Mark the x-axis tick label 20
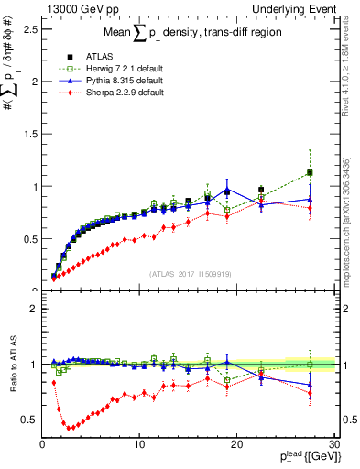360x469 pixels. [x=236, y=444]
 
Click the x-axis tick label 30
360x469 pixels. [x=333, y=444]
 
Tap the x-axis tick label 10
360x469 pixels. [x=139, y=444]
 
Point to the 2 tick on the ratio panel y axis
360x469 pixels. [x=33, y=309]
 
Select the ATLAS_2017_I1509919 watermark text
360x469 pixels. [x=189, y=273]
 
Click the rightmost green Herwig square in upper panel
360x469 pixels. [x=310, y=172]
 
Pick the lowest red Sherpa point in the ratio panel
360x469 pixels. [x=69, y=428]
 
